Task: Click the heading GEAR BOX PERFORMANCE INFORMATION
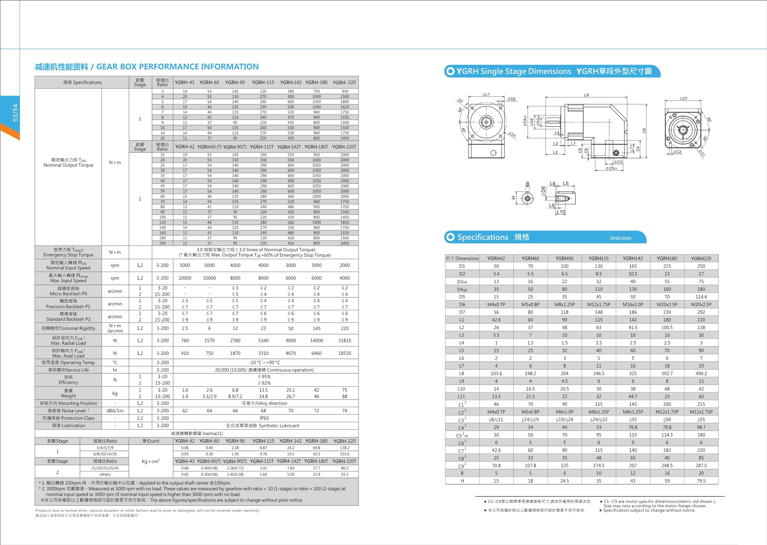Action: point(177,67)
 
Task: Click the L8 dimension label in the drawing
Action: point(586,95)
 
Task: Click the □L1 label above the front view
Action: point(486,95)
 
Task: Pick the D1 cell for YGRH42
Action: point(496,266)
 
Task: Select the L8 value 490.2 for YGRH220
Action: point(701,374)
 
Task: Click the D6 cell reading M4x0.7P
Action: point(496,304)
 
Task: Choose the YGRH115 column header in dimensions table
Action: point(598,258)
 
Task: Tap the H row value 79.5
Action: point(701,481)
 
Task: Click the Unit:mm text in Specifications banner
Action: point(620,238)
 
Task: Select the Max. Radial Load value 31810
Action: point(345,341)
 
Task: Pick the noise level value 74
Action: point(345,411)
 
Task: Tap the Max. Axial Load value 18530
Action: point(345,353)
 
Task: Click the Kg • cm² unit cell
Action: point(151,461)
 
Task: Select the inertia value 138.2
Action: point(345,448)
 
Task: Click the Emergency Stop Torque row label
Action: point(69,252)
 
